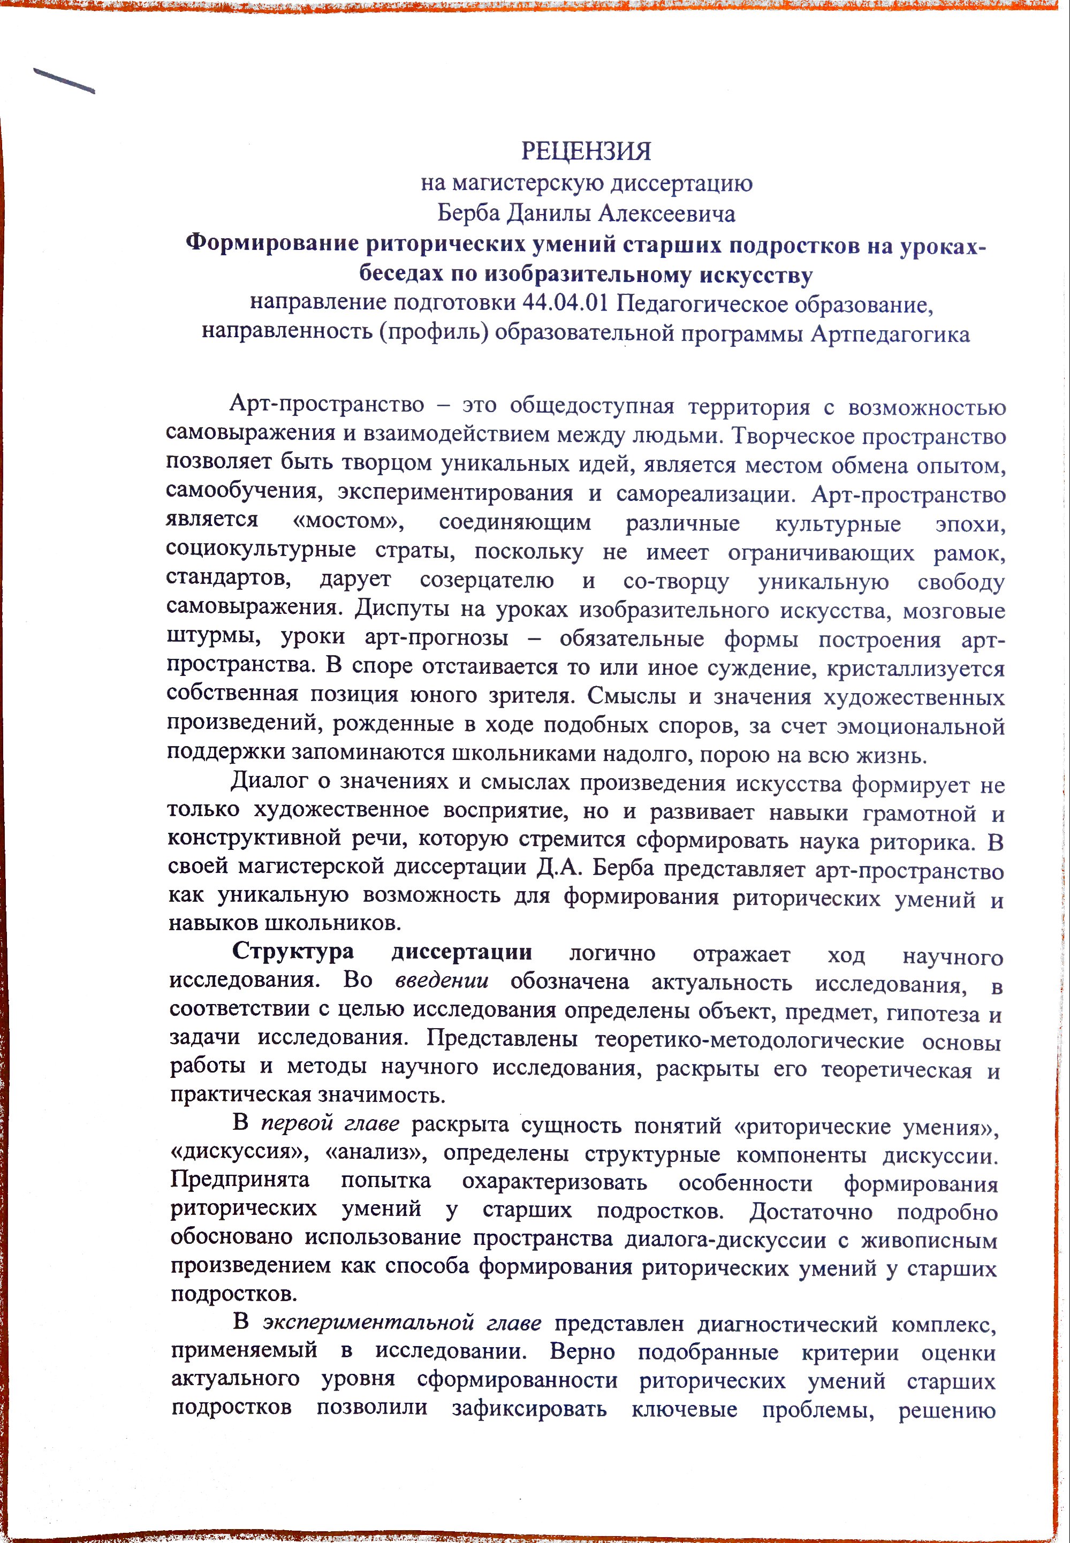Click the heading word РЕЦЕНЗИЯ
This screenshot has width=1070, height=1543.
[x=586, y=151]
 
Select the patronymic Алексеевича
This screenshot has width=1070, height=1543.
[x=666, y=214]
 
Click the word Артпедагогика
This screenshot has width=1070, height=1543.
[x=890, y=334]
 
